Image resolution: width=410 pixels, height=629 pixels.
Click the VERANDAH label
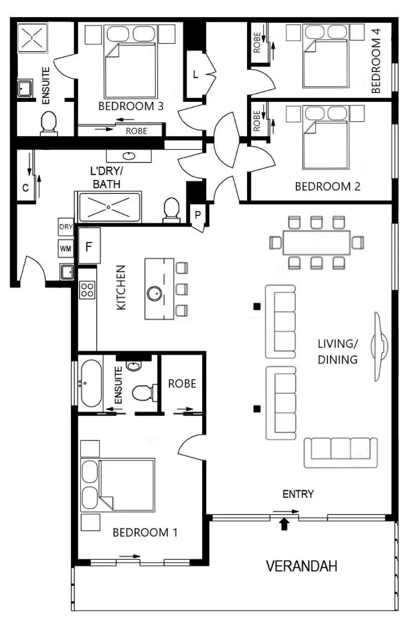pos(301,566)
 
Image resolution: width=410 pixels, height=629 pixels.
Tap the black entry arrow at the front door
pos(284,524)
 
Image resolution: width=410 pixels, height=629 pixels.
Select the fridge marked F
pos(89,245)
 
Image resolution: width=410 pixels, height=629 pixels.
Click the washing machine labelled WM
pos(66,249)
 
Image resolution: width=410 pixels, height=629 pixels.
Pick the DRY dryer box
pos(66,226)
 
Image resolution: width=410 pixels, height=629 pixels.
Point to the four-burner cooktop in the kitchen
pos(88,290)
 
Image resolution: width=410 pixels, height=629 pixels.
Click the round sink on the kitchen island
pos(154,294)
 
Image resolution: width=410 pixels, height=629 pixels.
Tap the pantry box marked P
pos(198,215)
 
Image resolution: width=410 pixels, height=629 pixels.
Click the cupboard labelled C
pos(25,187)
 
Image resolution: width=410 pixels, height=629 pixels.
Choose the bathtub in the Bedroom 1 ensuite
pos(91,383)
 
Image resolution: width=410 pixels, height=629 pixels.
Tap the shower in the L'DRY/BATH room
pos(110,207)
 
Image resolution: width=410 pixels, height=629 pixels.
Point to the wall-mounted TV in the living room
pos(380,346)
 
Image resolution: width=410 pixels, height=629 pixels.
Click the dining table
pos(316,243)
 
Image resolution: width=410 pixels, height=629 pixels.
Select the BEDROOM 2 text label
pos(327,187)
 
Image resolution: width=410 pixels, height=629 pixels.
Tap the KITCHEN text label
pos(121,287)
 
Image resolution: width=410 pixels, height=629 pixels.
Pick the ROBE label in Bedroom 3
pos(136,131)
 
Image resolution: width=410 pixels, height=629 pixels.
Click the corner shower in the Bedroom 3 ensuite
pos(33,38)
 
